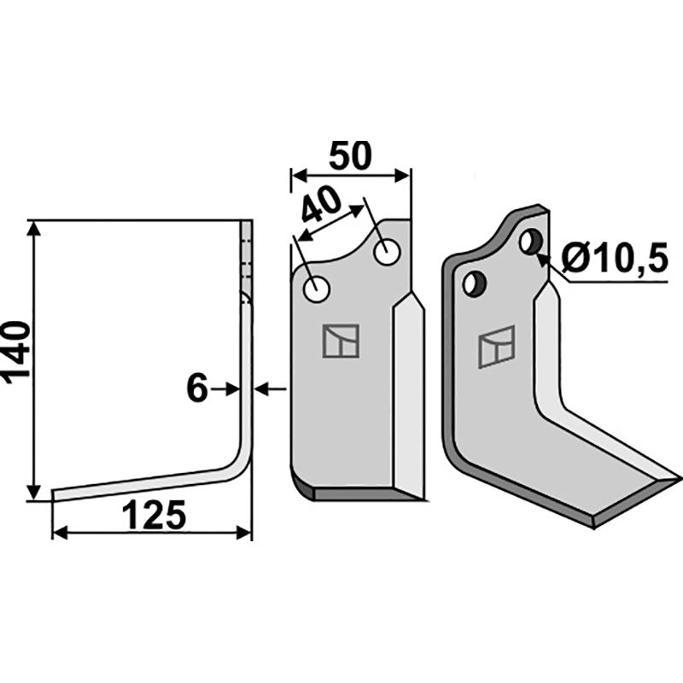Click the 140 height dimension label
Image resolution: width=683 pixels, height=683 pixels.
pyautogui.click(x=16, y=353)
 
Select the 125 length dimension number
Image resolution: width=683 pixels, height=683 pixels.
pyautogui.click(x=154, y=515)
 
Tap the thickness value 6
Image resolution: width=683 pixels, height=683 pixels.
pyautogui.click(x=196, y=388)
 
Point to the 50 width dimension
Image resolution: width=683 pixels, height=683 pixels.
pyautogui.click(x=350, y=155)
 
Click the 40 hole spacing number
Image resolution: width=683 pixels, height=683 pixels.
pyautogui.click(x=322, y=204)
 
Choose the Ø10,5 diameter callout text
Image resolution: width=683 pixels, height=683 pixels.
pyautogui.click(x=614, y=258)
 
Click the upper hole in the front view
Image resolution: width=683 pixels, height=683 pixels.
pyautogui.click(x=388, y=251)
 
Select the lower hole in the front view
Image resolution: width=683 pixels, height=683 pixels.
pyautogui.click(x=317, y=289)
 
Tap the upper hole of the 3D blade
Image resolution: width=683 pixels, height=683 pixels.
pyautogui.click(x=530, y=242)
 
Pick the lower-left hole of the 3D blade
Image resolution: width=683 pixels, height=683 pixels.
pyautogui.click(x=474, y=283)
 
